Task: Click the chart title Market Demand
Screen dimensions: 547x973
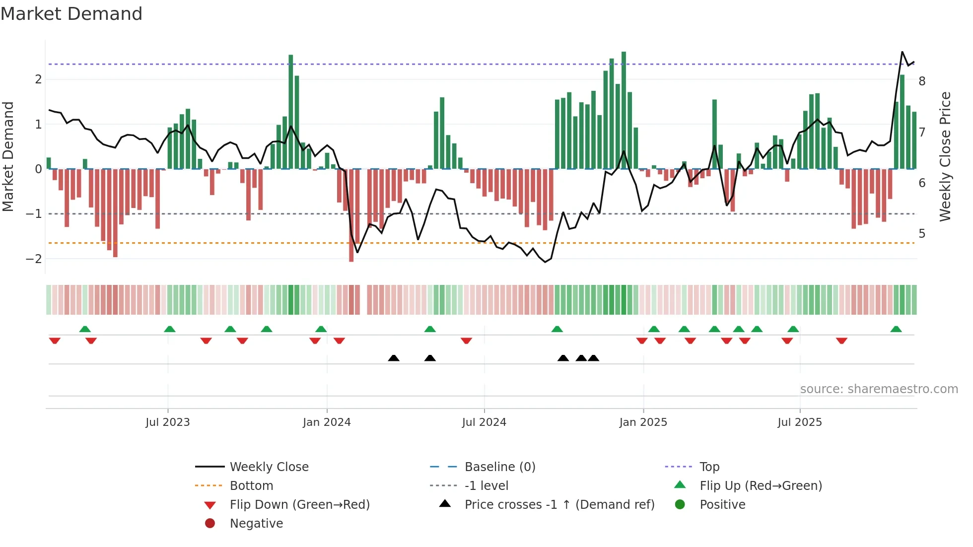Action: point(71,14)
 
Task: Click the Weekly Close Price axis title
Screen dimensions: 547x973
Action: point(945,156)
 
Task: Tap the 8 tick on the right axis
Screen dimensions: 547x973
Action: point(922,81)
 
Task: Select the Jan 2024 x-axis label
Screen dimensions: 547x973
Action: point(327,422)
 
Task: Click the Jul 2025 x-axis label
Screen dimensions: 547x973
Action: point(800,422)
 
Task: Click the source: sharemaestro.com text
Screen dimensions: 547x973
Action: point(879,389)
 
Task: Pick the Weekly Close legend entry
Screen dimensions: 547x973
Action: point(269,467)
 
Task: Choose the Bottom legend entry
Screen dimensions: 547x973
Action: point(251,486)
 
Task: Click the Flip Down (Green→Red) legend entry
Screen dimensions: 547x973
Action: point(299,505)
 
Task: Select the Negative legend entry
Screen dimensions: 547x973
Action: point(256,524)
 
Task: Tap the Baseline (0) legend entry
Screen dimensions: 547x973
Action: point(499,467)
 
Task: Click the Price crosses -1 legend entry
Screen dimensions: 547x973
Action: point(559,505)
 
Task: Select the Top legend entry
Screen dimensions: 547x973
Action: point(709,467)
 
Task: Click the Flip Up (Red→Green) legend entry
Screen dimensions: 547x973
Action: point(761,486)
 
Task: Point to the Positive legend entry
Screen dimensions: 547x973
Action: point(722,505)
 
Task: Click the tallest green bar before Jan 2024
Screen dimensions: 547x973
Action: point(291,112)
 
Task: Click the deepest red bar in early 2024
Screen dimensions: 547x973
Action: point(351,216)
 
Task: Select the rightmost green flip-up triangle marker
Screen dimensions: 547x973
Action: point(896,329)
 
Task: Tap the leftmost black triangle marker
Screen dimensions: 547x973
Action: point(394,358)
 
